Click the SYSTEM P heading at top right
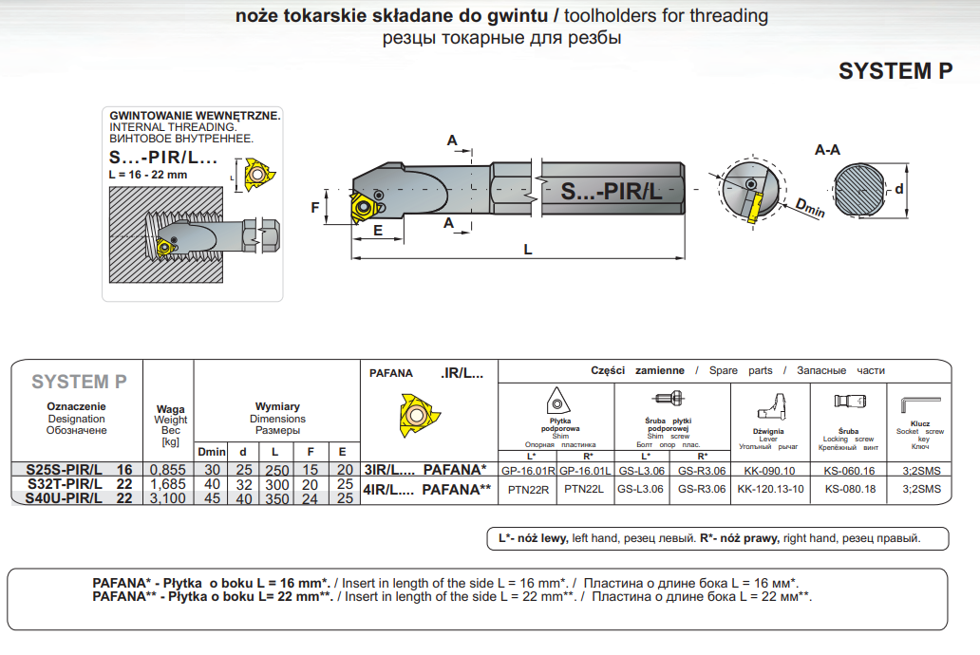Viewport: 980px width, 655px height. coord(895,71)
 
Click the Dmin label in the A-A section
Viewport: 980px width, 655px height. coord(809,207)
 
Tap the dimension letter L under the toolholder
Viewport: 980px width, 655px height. coord(528,250)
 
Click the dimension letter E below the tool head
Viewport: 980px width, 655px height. coord(377,230)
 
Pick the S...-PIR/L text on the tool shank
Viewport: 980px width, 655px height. coord(611,192)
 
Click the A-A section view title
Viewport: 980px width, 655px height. coord(827,150)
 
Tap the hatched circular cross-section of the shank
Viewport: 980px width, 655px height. coord(860,189)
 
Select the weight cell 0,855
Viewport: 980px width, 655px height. coord(167,470)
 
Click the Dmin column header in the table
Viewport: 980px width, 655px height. coord(211,452)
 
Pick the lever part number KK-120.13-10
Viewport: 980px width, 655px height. coord(770,489)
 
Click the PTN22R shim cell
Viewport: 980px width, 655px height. coord(528,489)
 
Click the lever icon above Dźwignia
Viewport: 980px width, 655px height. coord(769,406)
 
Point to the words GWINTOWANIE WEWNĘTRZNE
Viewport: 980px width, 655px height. coord(195,115)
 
